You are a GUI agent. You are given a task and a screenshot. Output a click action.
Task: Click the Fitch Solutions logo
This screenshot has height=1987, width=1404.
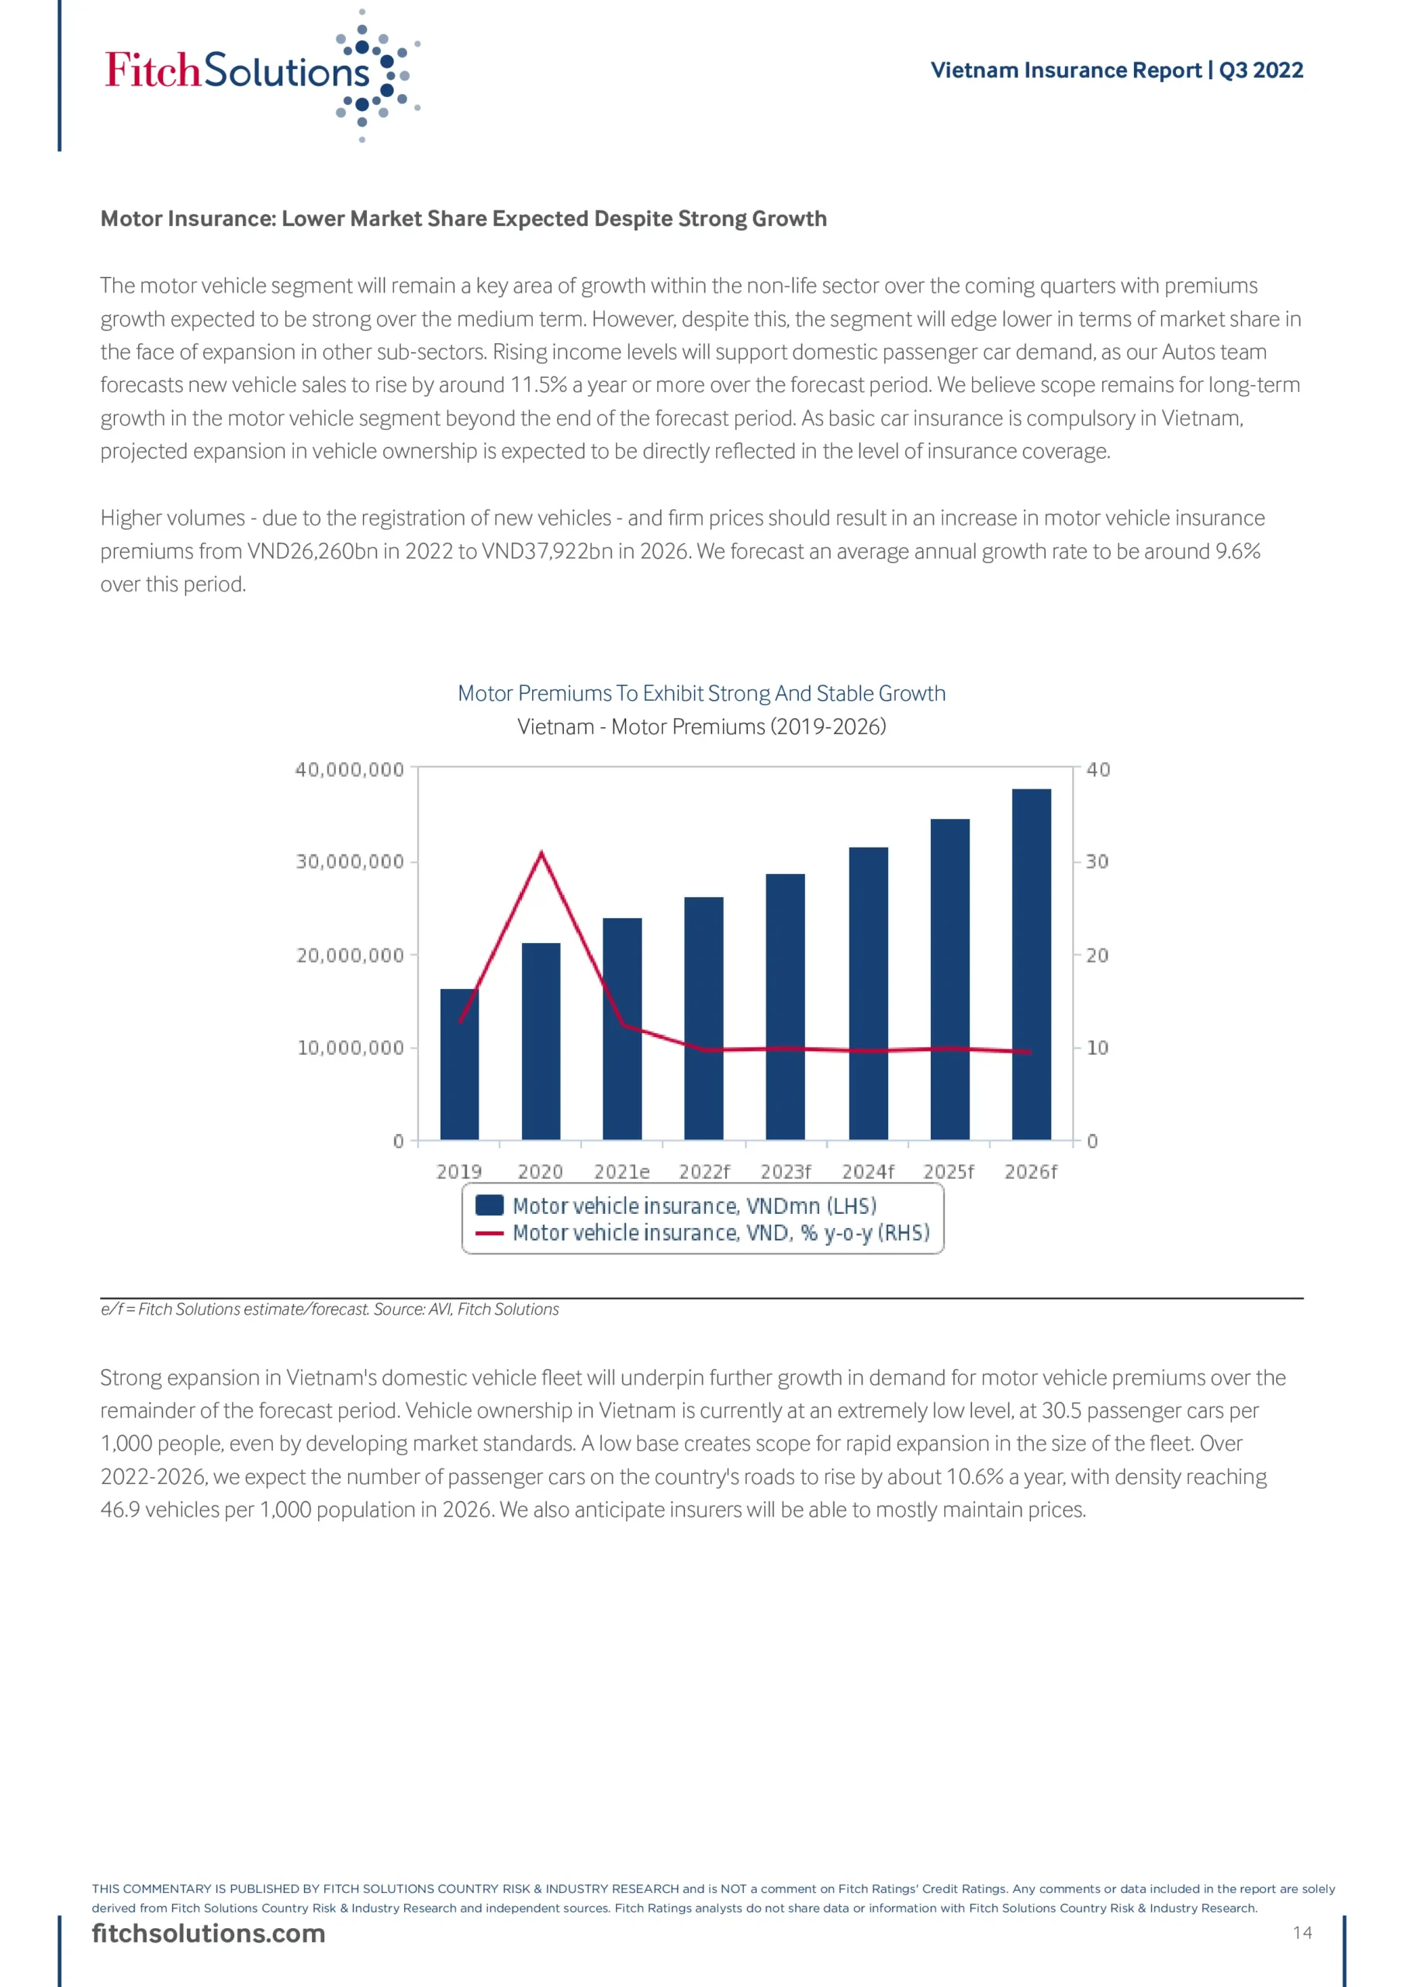[260, 74]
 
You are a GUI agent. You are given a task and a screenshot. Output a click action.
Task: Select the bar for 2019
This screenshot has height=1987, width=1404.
[458, 1063]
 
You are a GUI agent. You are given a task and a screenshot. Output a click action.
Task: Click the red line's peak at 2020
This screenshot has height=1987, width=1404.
[541, 853]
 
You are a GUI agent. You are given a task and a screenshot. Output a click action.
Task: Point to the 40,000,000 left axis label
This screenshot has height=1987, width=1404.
[350, 769]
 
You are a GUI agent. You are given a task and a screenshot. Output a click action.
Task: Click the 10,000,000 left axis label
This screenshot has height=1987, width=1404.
[351, 1048]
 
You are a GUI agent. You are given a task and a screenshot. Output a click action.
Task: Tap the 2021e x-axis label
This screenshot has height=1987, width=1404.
[621, 1172]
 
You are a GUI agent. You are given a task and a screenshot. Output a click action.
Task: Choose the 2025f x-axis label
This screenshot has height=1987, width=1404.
[948, 1172]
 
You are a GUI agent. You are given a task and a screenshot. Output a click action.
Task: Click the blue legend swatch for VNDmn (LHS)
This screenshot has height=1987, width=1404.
[489, 1205]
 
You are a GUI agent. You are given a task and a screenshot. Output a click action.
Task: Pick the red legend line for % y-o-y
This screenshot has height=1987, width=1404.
[489, 1233]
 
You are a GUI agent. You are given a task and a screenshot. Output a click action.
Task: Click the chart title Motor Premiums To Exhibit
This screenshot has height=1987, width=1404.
[700, 693]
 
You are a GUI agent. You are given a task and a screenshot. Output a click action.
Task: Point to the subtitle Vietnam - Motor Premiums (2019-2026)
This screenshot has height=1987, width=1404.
[700, 727]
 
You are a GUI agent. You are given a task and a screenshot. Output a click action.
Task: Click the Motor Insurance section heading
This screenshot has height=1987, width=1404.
[464, 219]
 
